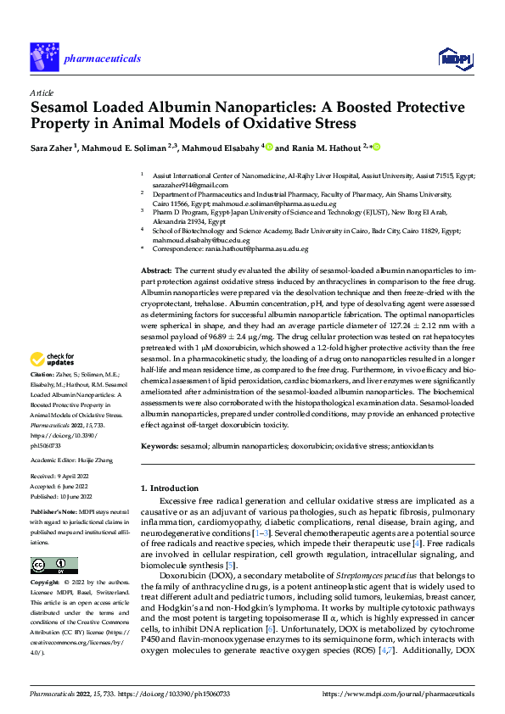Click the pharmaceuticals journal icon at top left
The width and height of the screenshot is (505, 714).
pos(45,57)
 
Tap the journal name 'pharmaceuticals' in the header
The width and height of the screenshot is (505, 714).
pos(102,58)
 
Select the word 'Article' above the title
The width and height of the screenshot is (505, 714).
pos(42,92)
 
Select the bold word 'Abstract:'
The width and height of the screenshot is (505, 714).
pos(158,269)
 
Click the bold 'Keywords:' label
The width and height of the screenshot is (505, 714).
pos(161,445)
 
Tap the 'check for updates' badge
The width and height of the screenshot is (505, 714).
pos(54,383)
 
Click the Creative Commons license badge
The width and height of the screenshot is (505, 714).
pos(53,565)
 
